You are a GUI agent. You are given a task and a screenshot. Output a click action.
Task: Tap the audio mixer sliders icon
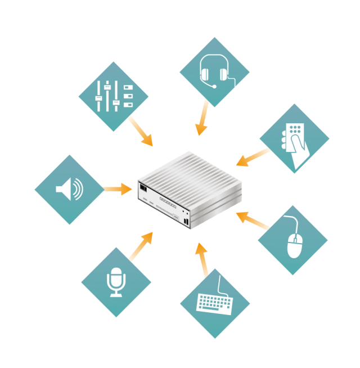(x=112, y=96)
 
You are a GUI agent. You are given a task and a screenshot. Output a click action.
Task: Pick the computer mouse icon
(x=294, y=241)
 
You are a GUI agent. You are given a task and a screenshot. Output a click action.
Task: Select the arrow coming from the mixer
(x=141, y=131)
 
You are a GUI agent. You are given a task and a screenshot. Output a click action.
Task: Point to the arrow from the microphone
(x=141, y=246)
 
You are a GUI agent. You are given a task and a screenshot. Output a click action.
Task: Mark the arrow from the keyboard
(x=202, y=259)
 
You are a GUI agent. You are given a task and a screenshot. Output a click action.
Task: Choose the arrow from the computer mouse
(x=253, y=221)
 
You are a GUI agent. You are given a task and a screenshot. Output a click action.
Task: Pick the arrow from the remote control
(x=253, y=157)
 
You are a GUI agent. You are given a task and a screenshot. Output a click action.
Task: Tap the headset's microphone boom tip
(x=213, y=87)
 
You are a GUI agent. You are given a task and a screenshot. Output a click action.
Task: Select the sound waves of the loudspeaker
(x=78, y=190)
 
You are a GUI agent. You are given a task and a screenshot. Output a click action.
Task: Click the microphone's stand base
(x=116, y=294)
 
